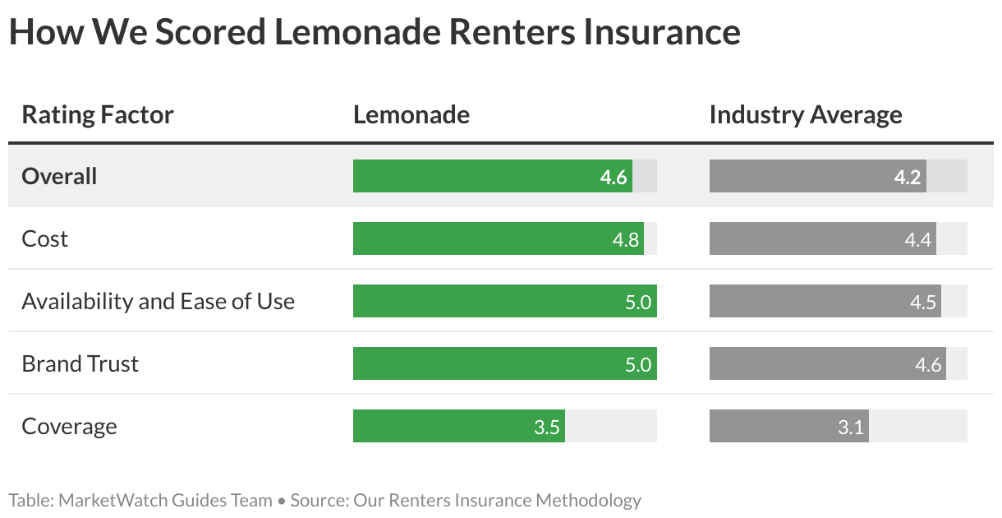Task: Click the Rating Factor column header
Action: (x=98, y=115)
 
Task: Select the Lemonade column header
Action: (x=411, y=115)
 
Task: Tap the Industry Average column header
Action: (x=805, y=115)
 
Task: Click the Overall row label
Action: (x=59, y=176)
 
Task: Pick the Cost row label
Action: (x=44, y=238)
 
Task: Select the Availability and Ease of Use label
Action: (x=158, y=301)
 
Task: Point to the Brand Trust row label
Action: (x=80, y=363)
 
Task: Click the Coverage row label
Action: (x=69, y=426)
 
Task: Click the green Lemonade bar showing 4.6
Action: (x=492, y=176)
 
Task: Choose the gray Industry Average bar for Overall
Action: (x=817, y=176)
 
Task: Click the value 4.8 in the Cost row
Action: (x=626, y=239)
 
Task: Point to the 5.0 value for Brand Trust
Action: (x=637, y=364)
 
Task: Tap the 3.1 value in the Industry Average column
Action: (x=851, y=427)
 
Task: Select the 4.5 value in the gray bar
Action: (x=923, y=302)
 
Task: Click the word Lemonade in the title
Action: (x=356, y=32)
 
